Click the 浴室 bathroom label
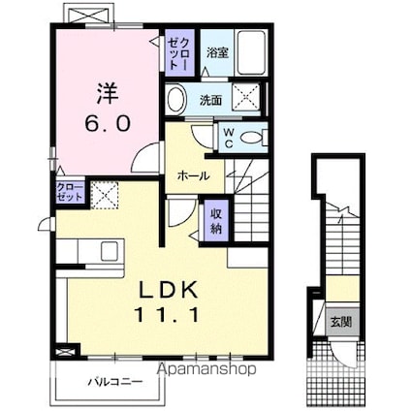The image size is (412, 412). (x=217, y=53)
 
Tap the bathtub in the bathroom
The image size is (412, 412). (x=251, y=52)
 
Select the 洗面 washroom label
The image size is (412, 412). (x=210, y=101)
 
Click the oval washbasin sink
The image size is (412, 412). (x=176, y=99)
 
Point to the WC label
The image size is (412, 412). (x=229, y=138)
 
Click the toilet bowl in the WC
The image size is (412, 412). (x=254, y=138)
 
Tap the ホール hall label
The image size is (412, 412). (x=193, y=176)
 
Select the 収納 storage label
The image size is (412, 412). (x=216, y=221)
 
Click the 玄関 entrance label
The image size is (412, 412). (x=341, y=322)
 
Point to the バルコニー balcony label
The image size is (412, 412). (x=115, y=382)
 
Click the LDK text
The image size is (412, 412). (x=168, y=290)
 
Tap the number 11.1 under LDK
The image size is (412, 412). (x=167, y=315)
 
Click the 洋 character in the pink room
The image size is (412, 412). (x=107, y=94)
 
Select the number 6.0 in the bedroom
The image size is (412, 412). (x=108, y=123)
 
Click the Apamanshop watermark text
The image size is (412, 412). (x=206, y=368)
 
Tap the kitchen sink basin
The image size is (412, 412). (x=110, y=251)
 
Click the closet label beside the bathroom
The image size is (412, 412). (x=178, y=52)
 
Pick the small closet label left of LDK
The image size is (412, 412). (x=70, y=192)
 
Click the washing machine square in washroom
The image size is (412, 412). (x=246, y=96)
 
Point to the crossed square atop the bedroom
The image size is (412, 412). (x=89, y=14)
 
